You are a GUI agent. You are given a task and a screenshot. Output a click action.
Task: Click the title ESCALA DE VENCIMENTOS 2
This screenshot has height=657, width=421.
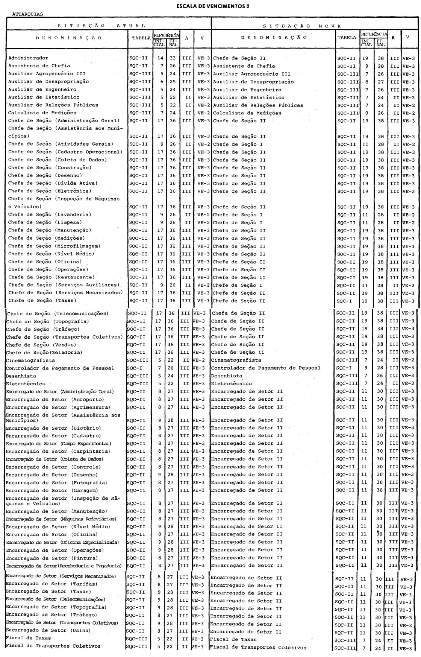[x=210, y=6]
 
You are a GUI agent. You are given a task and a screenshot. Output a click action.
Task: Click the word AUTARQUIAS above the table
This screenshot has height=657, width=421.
[x=28, y=14]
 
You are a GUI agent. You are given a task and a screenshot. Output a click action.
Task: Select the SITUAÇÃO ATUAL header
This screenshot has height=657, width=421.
[x=101, y=26]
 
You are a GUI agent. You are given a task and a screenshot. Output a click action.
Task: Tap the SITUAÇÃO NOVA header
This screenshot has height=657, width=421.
[x=302, y=26]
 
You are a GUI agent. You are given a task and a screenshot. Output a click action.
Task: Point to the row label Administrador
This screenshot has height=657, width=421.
[x=28, y=58]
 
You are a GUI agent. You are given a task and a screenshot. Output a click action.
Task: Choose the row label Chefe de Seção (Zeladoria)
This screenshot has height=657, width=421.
[x=44, y=353]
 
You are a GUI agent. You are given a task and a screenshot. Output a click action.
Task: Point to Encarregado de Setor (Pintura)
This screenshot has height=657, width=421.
[x=51, y=558]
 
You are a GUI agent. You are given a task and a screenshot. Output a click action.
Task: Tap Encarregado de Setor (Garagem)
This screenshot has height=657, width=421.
[x=51, y=490]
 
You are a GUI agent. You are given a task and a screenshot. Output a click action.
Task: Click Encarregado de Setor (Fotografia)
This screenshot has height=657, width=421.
[x=56, y=483]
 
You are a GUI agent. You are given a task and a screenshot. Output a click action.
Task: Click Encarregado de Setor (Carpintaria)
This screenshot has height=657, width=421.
[x=58, y=452]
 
